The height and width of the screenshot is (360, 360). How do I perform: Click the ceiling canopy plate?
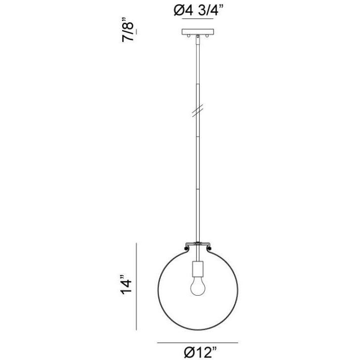coord(198,33)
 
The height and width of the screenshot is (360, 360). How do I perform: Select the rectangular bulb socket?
coord(197,270)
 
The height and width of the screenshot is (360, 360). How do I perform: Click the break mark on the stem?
coord(197,113)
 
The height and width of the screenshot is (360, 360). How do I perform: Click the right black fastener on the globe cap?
coord(210,248)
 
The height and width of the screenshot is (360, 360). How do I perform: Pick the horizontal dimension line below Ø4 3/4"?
coord(197,19)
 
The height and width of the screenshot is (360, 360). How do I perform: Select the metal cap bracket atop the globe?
coord(197,244)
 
